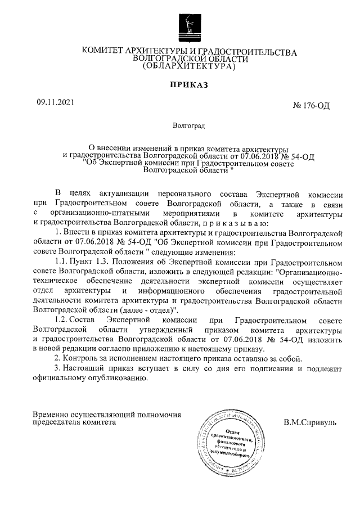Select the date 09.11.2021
coord(55,103)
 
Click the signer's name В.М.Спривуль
coord(310,421)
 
